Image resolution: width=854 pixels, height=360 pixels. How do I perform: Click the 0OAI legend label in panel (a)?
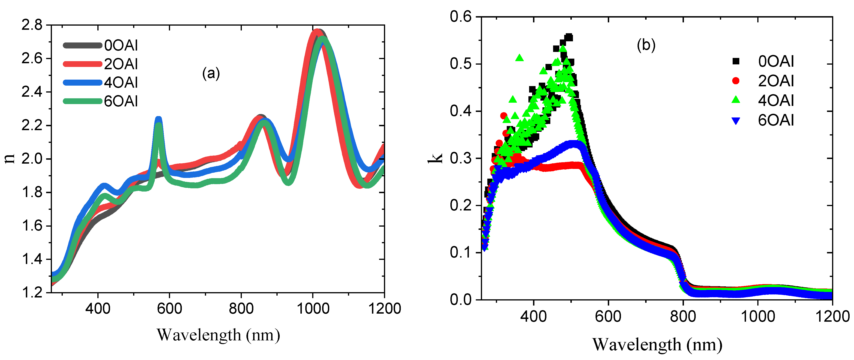click(x=121, y=46)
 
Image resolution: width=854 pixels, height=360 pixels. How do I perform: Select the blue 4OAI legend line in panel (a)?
click(x=82, y=83)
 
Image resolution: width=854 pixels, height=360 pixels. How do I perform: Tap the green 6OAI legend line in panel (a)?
click(x=82, y=101)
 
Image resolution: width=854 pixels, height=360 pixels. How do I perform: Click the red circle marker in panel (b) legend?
click(x=736, y=81)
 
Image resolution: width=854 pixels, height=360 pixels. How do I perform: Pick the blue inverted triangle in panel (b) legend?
click(x=736, y=121)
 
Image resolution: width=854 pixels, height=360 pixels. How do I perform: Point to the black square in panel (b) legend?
click(x=736, y=61)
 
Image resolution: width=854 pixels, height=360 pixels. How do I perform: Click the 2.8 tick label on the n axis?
click(x=32, y=25)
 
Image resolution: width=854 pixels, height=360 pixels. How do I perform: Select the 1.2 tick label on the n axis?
click(x=32, y=292)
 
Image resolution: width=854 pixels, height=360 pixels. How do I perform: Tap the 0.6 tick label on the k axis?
click(x=461, y=17)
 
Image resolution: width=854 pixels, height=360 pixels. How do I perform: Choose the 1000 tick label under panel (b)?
click(x=758, y=317)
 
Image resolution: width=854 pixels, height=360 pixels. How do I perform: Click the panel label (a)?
click(x=211, y=73)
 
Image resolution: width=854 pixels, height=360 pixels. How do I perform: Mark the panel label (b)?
click(x=646, y=45)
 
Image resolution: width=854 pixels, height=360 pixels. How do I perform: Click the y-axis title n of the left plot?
click(x=10, y=159)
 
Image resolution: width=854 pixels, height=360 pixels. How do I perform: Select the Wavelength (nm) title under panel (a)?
click(x=218, y=335)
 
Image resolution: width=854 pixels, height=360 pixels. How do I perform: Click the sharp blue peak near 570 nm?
click(x=159, y=119)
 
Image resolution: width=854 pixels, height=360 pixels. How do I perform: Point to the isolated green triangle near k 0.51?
click(x=519, y=58)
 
